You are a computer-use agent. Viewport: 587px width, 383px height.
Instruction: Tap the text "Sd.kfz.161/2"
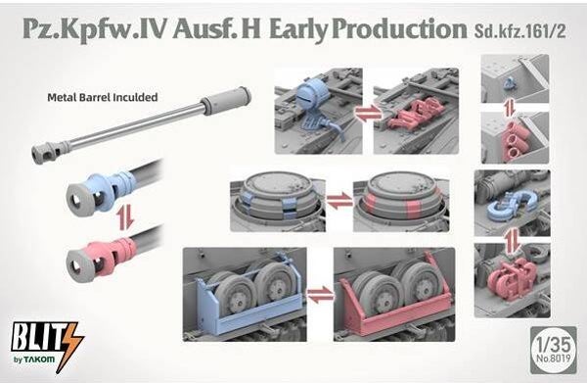[519, 31]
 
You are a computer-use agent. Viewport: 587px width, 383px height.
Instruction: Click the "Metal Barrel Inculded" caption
[102, 97]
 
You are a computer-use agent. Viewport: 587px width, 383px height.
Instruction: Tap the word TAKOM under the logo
[39, 359]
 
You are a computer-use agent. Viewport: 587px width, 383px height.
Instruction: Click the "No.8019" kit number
[554, 359]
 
